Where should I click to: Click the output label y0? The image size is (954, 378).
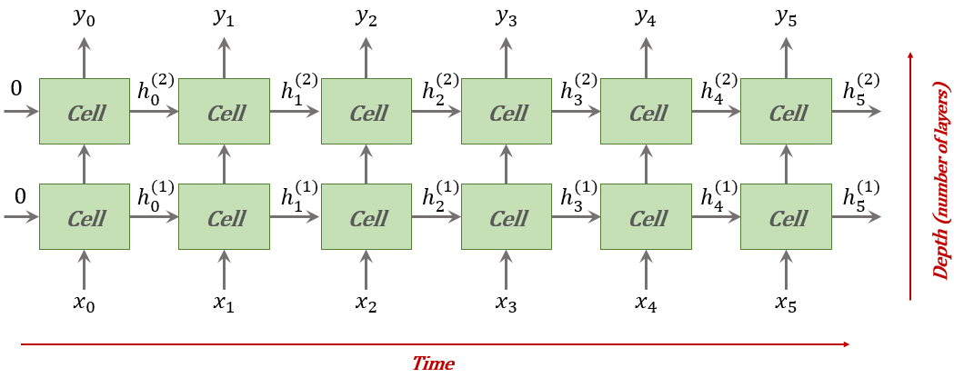coord(84,18)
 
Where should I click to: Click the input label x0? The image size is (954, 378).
coord(84,303)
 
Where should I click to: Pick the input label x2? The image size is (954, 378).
coord(366,303)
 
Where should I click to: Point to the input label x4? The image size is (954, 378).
coord(647,303)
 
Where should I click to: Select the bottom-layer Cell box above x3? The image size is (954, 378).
coord(507,216)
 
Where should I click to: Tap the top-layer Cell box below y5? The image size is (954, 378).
coord(786,112)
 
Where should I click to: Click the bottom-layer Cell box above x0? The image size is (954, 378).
coord(84,216)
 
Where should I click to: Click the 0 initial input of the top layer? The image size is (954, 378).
coord(15,89)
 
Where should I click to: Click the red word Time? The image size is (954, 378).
coord(433,363)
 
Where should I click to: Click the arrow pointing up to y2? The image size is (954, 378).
coord(367,57)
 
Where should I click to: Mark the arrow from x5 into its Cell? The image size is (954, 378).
coord(787,269)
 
